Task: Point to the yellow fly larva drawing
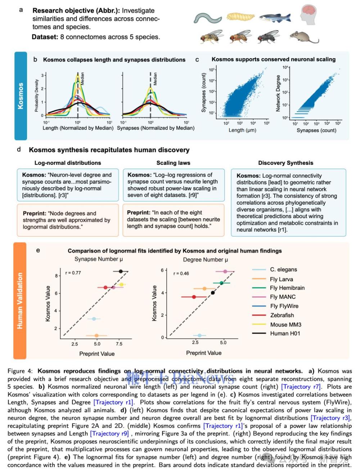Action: pos(240,17)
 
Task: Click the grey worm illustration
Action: pos(208,18)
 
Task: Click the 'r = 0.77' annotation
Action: pos(73,273)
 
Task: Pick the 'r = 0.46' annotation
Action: pos(181,273)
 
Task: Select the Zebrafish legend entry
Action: pos(282,315)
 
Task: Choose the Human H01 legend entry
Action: pos(285,333)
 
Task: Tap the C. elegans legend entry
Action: pos(283,269)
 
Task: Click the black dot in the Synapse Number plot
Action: pos(121,272)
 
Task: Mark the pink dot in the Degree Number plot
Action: pos(225,272)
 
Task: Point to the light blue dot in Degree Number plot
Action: pos(200,336)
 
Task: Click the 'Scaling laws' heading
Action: pos(173,163)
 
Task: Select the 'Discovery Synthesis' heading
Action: pos(285,163)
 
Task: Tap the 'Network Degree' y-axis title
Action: pos(278,94)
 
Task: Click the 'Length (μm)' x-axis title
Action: pos(242,130)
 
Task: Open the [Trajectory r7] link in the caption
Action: pos(301,387)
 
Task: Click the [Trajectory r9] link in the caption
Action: pos(109,433)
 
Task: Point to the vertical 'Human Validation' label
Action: pos(20,301)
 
